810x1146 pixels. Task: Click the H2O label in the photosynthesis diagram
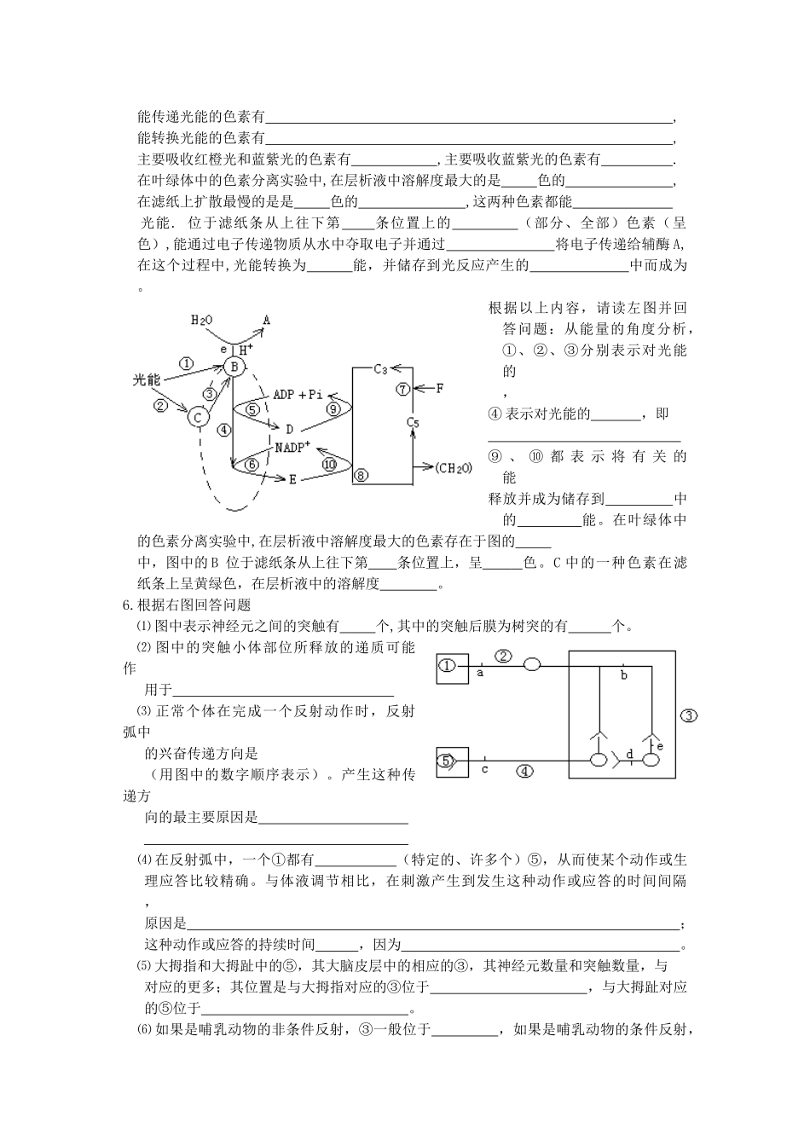200,320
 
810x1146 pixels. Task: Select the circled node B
234,368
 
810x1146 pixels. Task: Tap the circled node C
198,418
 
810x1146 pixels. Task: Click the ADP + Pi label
298,395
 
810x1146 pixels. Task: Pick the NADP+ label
292,448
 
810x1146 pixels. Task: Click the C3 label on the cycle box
380,369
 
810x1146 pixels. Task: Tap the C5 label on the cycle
413,422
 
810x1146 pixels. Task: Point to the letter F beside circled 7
440,389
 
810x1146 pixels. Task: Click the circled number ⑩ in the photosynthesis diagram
332,464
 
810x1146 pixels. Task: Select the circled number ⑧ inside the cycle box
361,475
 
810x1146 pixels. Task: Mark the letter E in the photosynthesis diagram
292,480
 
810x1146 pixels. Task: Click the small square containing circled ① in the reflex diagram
450,665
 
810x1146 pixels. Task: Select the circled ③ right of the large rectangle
689,715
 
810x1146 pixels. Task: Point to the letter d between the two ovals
629,753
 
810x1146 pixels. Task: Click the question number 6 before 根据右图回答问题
128,605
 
